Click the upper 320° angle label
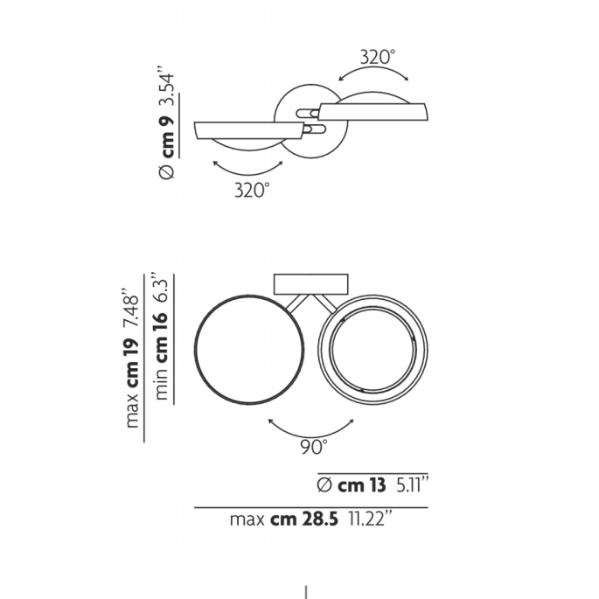(378, 58)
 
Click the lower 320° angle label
(252, 190)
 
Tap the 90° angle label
(314, 447)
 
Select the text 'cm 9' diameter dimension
(167, 136)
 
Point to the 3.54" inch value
(166, 87)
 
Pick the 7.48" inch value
(131, 311)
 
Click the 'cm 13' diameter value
(362, 485)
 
